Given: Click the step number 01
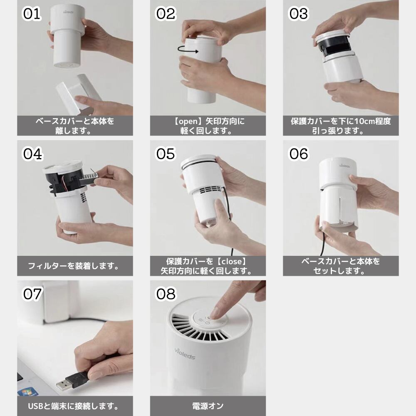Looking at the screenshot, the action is [x=32, y=14].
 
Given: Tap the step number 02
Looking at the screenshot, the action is [x=166, y=14].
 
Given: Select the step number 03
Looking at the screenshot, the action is [x=298, y=14].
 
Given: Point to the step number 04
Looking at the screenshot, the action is [x=32, y=154].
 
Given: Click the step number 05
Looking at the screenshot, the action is [x=166, y=154].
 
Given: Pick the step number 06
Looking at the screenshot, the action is [x=298, y=154].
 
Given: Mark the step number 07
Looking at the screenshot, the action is [x=32, y=294].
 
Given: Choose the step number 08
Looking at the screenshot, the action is [x=166, y=294].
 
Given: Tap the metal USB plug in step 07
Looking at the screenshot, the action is [x=63, y=384].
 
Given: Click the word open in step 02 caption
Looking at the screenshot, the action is [x=188, y=121].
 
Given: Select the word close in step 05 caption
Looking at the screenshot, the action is [x=232, y=262].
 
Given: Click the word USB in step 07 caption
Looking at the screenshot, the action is [x=35, y=406].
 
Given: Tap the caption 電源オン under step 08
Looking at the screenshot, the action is [x=208, y=406].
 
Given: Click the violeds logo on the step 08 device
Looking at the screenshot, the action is [x=185, y=353].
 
